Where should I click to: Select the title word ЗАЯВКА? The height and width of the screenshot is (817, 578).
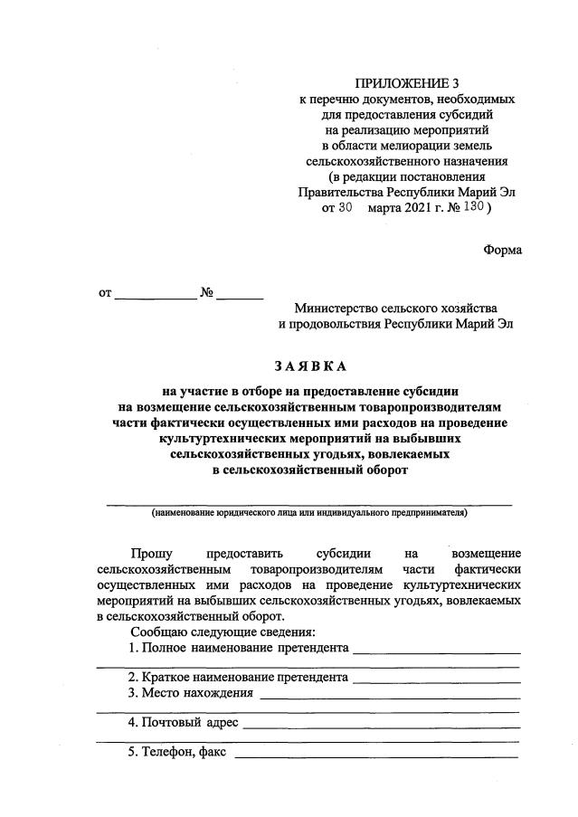click(309, 366)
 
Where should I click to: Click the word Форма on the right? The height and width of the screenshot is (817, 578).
click(502, 249)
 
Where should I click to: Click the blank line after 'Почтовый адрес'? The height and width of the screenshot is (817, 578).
click(381, 724)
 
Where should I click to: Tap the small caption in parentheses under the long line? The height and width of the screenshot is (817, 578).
click(309, 512)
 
